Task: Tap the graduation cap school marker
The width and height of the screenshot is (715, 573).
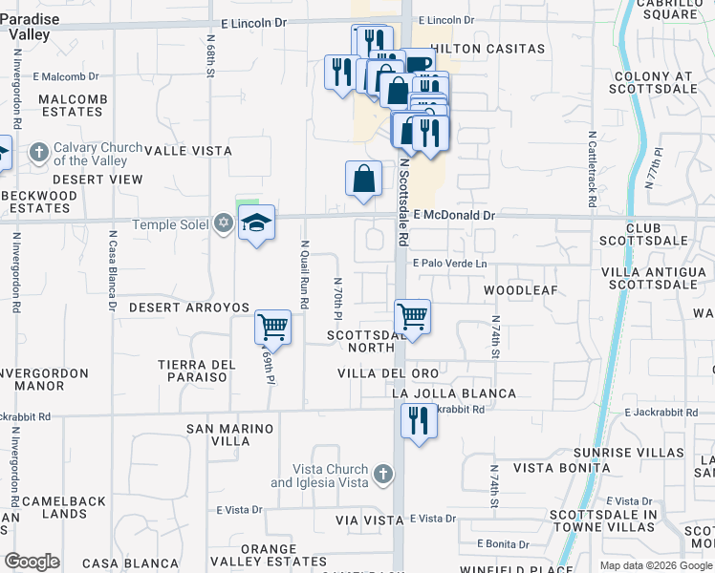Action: [255, 223]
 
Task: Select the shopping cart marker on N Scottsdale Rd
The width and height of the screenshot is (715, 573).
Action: [412, 315]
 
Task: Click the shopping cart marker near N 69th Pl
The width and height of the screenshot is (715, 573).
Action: [272, 327]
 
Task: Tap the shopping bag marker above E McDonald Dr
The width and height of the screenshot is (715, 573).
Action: [364, 179]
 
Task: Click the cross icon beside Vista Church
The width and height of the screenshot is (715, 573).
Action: [382, 473]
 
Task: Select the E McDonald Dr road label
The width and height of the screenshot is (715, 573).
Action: [454, 216]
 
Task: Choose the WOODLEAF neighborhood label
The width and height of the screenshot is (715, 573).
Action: [520, 289]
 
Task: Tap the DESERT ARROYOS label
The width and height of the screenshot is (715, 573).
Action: [189, 308]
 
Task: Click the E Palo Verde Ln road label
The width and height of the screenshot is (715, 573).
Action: [449, 264]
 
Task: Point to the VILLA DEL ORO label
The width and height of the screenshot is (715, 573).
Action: [387, 372]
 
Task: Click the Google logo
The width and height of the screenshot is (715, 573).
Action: [32, 562]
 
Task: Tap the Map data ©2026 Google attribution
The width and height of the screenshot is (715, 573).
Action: [656, 565]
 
